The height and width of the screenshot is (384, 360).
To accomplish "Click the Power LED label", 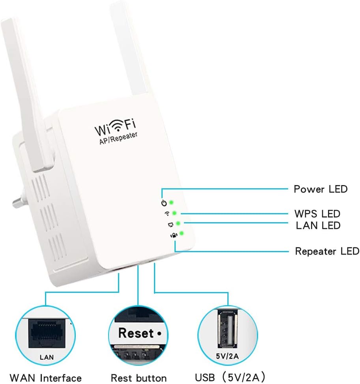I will [x=321, y=189].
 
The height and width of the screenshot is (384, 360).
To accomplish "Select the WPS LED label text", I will [x=317, y=214].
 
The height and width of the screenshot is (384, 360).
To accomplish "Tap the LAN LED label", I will [x=318, y=225].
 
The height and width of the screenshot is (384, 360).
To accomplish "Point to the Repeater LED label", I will [x=327, y=251].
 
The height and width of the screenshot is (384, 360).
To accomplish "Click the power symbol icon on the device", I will [x=164, y=204].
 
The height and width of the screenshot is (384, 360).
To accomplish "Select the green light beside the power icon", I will [x=171, y=203].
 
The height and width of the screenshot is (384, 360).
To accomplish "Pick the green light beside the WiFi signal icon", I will [x=174, y=213].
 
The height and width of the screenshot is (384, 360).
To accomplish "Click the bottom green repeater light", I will [x=181, y=234].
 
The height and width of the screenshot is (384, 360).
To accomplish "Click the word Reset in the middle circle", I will [x=136, y=333].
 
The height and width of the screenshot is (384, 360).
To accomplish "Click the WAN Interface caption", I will [x=46, y=378].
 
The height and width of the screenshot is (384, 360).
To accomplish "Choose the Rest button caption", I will [x=139, y=378].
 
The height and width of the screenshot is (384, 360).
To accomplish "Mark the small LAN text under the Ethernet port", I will [x=46, y=358].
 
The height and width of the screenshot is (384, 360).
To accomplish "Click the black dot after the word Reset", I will [x=159, y=333].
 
